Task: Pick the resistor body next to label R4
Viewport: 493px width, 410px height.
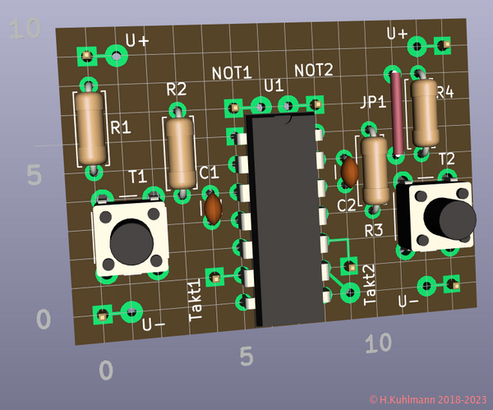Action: [424, 112]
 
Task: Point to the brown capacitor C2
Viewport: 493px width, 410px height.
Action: [349, 172]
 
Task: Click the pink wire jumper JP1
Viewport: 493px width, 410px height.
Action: [398, 115]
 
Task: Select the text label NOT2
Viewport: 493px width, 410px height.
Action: [314, 70]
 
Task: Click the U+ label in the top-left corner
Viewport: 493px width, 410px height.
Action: [137, 40]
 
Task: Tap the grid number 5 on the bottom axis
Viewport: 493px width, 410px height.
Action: [246, 356]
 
